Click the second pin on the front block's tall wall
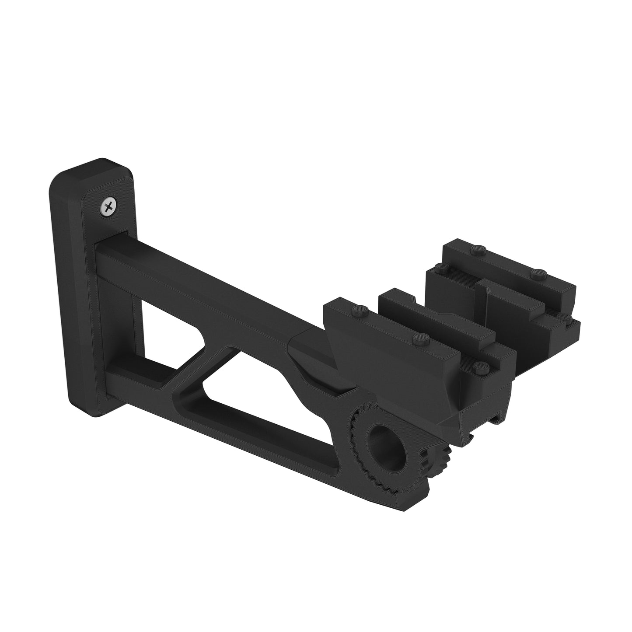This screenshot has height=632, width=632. (x=420, y=337)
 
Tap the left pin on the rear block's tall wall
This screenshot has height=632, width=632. (x=478, y=250)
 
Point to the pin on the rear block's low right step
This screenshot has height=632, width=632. (x=564, y=316)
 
